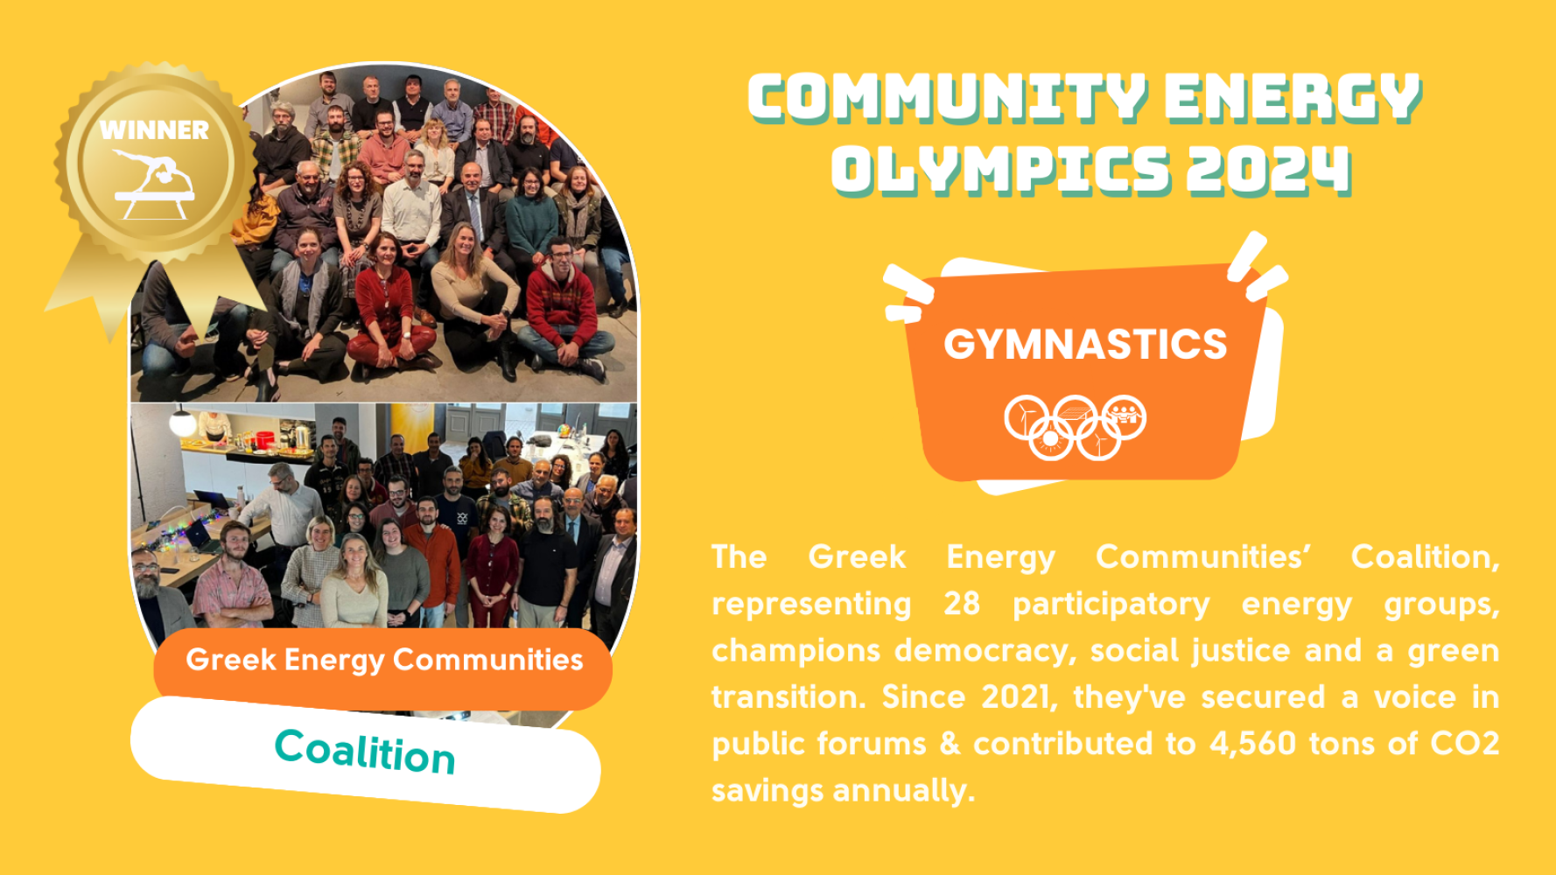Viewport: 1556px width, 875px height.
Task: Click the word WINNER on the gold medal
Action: tap(154, 130)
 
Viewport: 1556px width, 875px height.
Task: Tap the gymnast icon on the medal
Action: tap(154, 185)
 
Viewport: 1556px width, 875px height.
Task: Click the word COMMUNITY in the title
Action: tap(947, 98)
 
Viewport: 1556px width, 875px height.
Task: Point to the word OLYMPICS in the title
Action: tap(1000, 170)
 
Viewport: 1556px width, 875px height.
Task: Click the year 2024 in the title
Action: tap(1269, 170)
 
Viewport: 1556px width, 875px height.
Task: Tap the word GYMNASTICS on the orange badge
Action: tap(1085, 344)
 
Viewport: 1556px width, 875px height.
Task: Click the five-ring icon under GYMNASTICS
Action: tap(1075, 427)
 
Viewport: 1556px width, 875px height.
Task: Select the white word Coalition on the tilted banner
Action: tap(365, 752)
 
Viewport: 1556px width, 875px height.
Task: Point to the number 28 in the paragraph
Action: tap(962, 604)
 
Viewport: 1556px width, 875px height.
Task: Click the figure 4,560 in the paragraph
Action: tap(1252, 744)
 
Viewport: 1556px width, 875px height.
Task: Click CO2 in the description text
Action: tap(1464, 744)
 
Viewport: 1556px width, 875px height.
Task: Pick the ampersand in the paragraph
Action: tap(950, 744)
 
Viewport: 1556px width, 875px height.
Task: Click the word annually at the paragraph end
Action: tap(904, 791)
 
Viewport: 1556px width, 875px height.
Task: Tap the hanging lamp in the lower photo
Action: tap(182, 423)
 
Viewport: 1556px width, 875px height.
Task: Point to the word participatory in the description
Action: tap(1111, 605)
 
